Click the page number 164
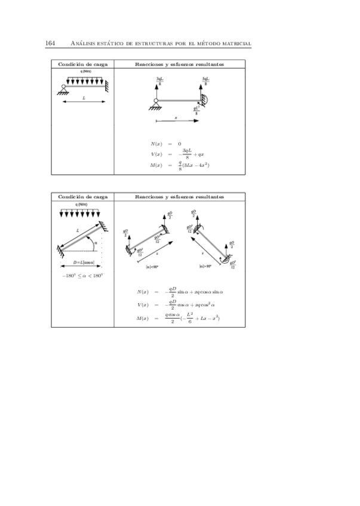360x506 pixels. tap(51, 43)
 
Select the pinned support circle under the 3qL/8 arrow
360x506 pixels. tap(155, 106)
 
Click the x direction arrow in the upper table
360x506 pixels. tap(178, 121)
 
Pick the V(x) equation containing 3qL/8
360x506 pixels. tap(178, 153)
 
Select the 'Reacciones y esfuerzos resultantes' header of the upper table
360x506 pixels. tap(180, 64)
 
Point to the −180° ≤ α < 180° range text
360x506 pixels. tap(82, 276)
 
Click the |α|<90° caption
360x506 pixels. tap(152, 267)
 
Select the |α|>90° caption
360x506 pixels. tap(205, 267)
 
